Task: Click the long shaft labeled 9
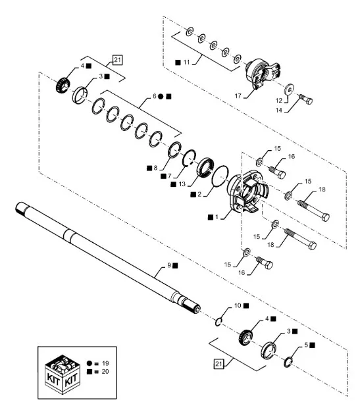tap(107, 258)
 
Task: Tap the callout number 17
tap(238, 96)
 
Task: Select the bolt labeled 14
tap(306, 99)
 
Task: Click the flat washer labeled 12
tap(289, 89)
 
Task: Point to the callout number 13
tap(182, 184)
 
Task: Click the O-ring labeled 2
tap(220, 176)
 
